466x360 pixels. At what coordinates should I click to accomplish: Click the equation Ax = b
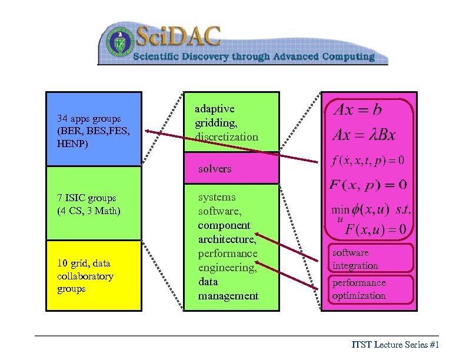click(357, 109)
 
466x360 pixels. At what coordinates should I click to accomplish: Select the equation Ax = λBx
click(364, 135)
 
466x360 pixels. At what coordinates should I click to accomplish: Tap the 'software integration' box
click(371, 259)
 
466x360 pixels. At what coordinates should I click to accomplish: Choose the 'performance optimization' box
click(371, 289)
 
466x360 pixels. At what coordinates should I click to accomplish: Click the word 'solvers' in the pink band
click(215, 169)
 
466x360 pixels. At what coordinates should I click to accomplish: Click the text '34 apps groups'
click(89, 118)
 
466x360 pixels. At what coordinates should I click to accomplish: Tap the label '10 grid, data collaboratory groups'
click(85, 276)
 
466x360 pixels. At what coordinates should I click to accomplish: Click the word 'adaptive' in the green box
click(215, 109)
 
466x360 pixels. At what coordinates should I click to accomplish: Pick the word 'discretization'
click(227, 137)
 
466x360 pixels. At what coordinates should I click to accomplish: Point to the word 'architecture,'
click(227, 239)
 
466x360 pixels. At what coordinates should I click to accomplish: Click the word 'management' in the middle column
click(228, 296)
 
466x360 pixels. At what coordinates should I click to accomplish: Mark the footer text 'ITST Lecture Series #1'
click(395, 345)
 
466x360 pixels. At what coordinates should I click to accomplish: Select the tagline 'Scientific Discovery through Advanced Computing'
click(254, 57)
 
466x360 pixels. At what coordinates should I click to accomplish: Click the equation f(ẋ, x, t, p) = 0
click(368, 160)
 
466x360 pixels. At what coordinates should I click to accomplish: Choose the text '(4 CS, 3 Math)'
click(89, 211)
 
